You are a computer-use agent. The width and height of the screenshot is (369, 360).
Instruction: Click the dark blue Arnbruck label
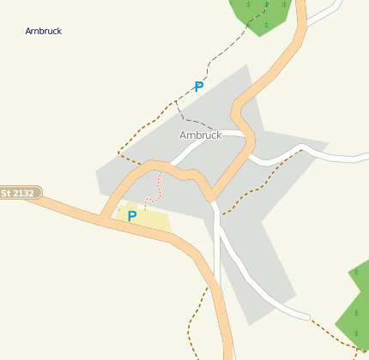[x=43, y=31]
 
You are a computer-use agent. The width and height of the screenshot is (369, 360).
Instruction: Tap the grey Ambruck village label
[x=200, y=135]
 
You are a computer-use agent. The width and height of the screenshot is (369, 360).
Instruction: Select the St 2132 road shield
[x=17, y=194]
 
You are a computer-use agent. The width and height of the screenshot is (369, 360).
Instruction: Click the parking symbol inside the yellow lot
[x=132, y=216]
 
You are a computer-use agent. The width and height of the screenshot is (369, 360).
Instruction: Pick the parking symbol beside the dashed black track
[x=199, y=87]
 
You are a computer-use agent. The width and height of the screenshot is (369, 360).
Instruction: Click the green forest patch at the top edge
[x=262, y=15]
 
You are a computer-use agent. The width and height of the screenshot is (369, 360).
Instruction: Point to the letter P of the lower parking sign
[x=132, y=216]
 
